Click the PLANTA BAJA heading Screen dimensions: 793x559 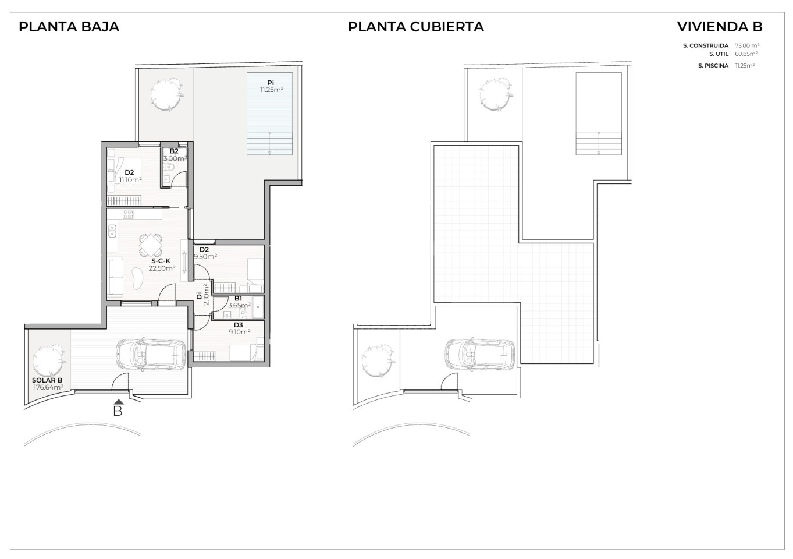69,27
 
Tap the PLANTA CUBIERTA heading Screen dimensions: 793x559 415,27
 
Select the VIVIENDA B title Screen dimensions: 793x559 720,27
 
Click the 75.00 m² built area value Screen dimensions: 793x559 747,45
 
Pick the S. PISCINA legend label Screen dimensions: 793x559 713,66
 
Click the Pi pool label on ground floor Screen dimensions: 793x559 271,83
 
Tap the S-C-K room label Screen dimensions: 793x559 161,261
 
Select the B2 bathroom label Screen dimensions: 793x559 174,151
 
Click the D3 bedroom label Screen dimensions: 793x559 239,325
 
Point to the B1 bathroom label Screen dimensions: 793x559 238,298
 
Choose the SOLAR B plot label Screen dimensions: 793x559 47,380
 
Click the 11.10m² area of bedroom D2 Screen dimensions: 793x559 130,179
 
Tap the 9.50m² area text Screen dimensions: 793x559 205,256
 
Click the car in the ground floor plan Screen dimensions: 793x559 151,355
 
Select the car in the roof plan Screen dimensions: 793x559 479,355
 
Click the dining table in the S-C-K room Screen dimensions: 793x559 151,245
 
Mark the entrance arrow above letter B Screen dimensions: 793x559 119,402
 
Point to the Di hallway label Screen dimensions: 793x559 199,295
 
